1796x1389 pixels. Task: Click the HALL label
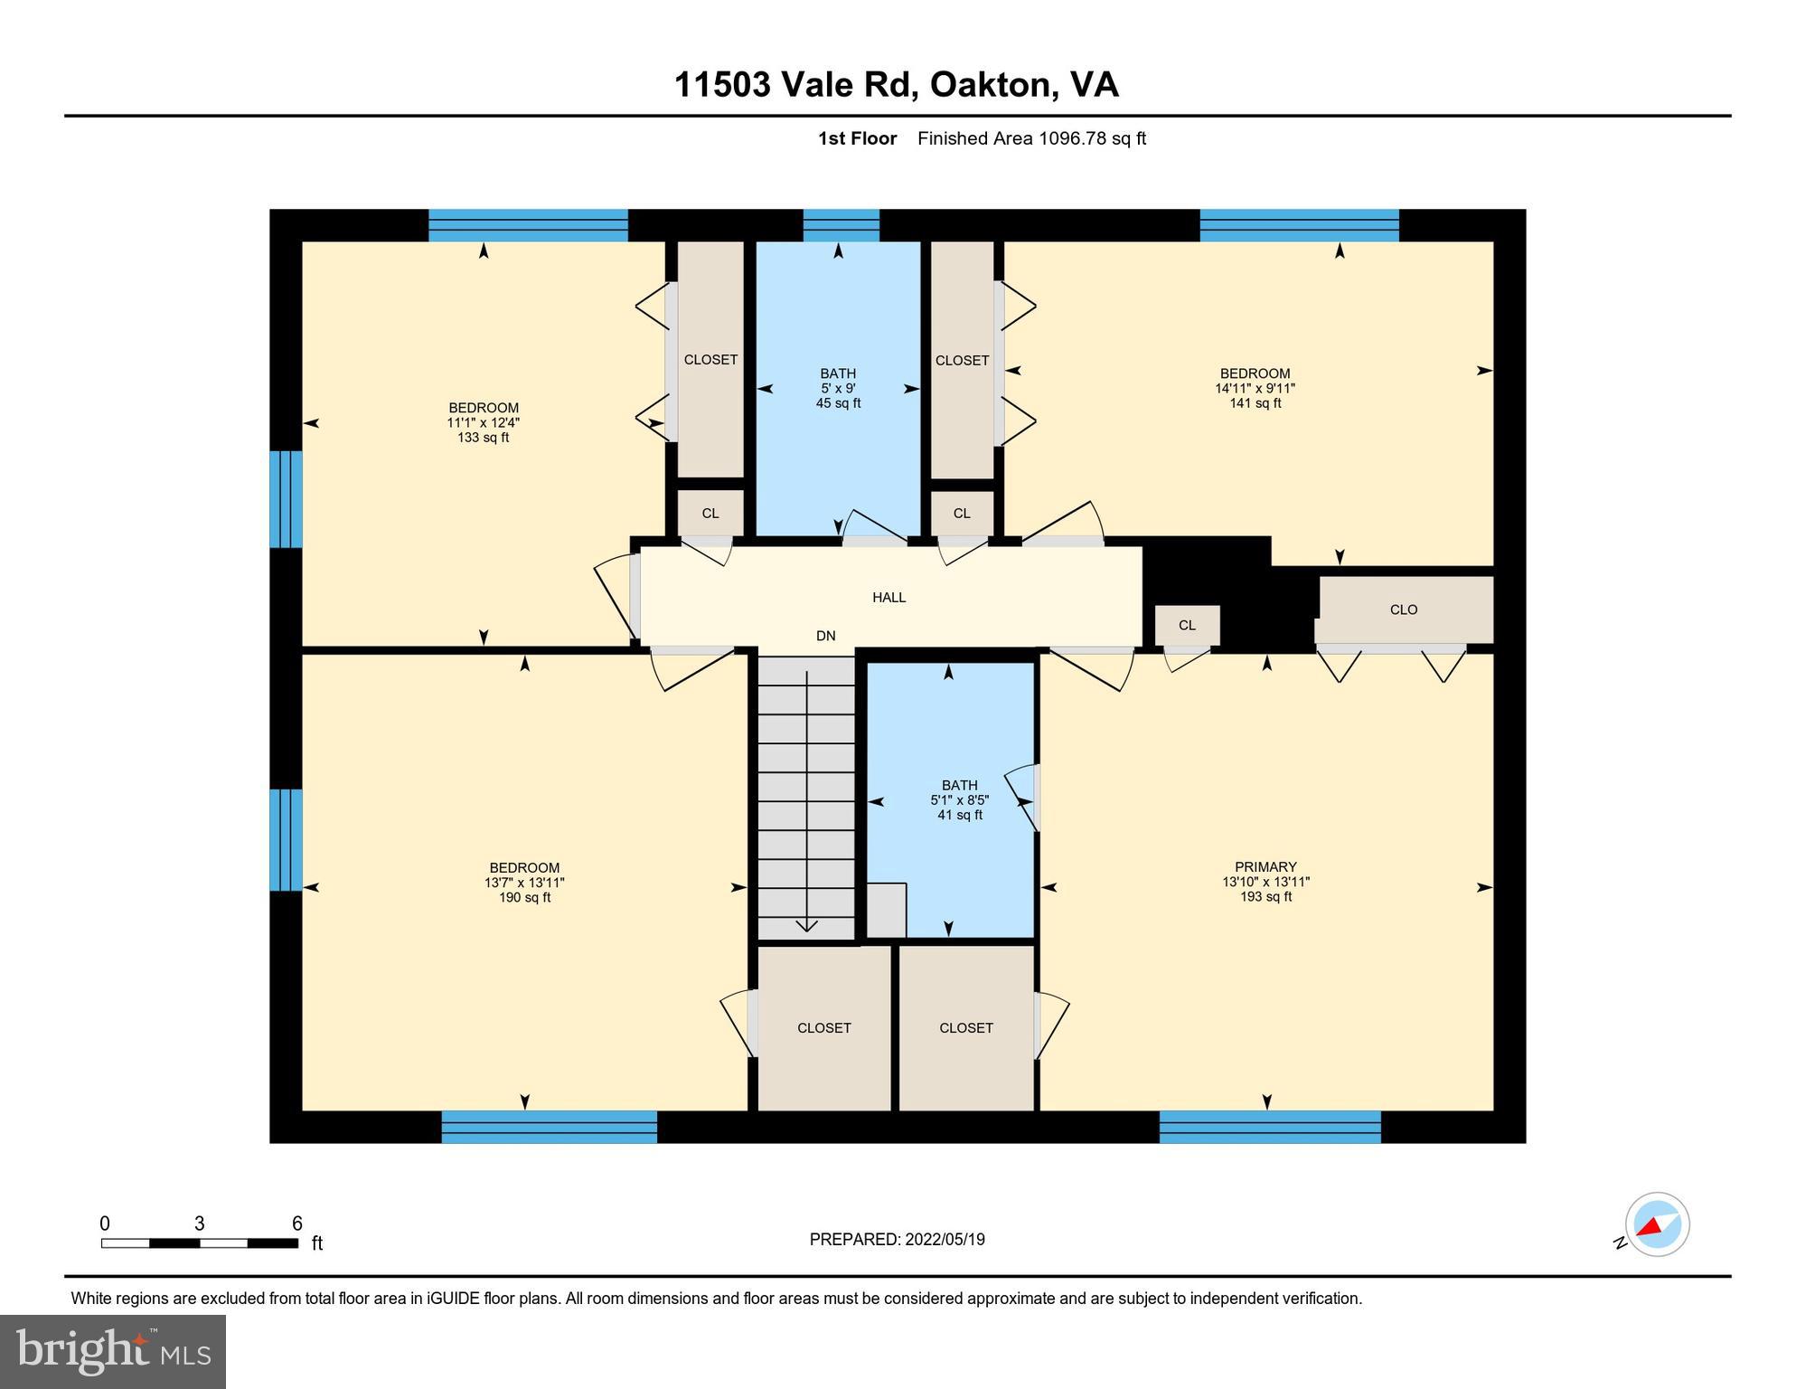point(889,597)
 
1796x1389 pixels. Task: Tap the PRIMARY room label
point(1265,866)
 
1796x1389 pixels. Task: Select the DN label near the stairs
point(825,636)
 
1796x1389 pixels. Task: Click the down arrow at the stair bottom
point(806,925)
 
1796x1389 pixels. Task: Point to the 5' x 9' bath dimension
point(838,388)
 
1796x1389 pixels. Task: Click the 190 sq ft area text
point(524,897)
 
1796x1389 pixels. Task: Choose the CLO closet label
point(1403,609)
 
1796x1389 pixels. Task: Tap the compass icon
point(1657,1224)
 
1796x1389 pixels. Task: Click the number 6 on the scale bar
point(296,1224)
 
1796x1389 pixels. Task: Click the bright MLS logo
point(113,1351)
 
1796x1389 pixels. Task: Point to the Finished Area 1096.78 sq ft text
point(1031,138)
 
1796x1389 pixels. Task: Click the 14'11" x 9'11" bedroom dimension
point(1255,388)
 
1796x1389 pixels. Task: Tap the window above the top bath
point(841,225)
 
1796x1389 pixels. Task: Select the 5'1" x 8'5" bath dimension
point(959,800)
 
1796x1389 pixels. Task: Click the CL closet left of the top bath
point(710,513)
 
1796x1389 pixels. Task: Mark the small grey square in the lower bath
point(886,911)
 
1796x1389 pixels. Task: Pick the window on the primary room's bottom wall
point(1269,1127)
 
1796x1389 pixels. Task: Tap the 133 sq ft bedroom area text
point(483,438)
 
